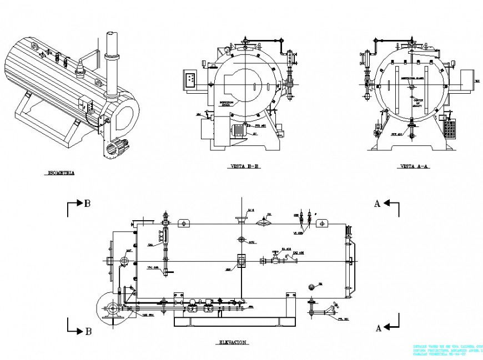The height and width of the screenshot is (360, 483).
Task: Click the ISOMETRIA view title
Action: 59,173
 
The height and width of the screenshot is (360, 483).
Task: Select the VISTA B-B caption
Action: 245,166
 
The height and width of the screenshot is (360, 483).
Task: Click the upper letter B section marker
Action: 87,204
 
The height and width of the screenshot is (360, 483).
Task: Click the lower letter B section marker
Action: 87,332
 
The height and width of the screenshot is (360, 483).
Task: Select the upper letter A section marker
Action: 377,204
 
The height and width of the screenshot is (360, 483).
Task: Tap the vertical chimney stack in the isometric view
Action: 110,61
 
